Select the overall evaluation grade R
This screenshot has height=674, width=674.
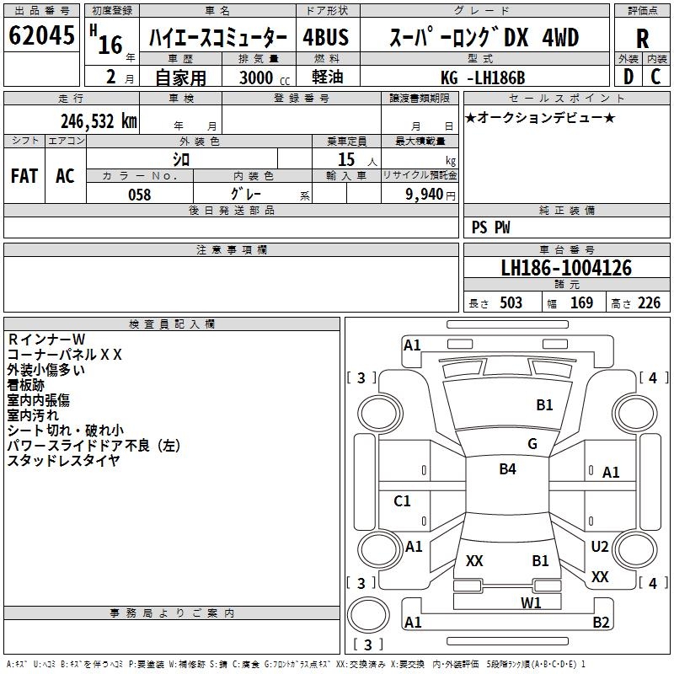(643, 39)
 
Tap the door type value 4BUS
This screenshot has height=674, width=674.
(326, 38)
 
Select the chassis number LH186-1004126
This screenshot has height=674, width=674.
(566, 269)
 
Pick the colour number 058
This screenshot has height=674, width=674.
(139, 194)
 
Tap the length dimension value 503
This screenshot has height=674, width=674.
(510, 303)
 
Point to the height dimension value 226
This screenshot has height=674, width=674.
(649, 303)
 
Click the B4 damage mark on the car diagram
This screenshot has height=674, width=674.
(507, 469)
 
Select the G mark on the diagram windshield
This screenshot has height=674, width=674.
(532, 444)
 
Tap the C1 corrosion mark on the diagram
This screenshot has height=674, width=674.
(403, 501)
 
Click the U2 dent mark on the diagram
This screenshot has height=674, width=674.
(600, 547)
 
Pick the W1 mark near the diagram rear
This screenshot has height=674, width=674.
(530, 602)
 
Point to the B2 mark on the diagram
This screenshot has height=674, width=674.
(601, 623)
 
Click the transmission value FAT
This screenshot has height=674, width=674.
(24, 175)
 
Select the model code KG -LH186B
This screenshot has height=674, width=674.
(483, 78)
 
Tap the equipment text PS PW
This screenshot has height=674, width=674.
(491, 227)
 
